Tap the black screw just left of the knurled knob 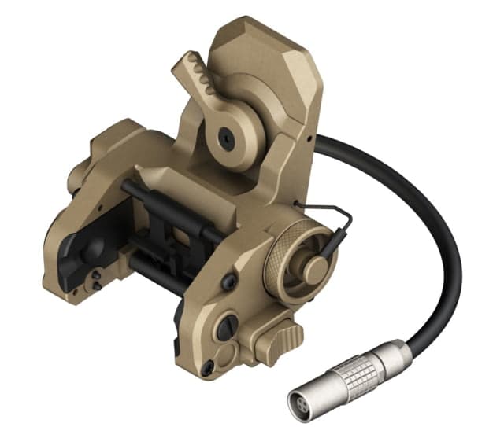pos(230,281)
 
